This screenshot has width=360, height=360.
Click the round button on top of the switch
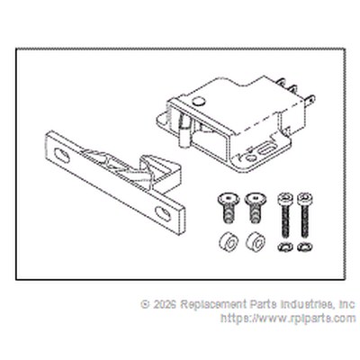pyautogui.click(x=198, y=101)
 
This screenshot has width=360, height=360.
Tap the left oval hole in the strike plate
pyautogui.click(x=61, y=156)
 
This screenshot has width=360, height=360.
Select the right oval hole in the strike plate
pyautogui.click(x=163, y=213)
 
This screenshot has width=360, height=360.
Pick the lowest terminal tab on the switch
pyautogui.click(x=309, y=99)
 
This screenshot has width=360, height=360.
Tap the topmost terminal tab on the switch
pyautogui.click(x=282, y=81)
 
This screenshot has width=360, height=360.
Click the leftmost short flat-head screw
pyautogui.click(x=229, y=208)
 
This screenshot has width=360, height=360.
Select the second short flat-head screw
pyautogui.click(x=256, y=208)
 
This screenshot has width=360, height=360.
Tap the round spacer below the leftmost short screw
pyautogui.click(x=229, y=242)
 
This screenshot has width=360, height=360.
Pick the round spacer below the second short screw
pyautogui.click(x=256, y=242)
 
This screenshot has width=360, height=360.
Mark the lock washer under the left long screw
pyautogui.click(x=285, y=247)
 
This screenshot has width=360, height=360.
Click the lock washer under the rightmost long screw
pyautogui.click(x=305, y=247)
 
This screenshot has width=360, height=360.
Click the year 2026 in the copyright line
pyautogui.click(x=165, y=304)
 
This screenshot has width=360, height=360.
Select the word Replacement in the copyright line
pyautogui.click(x=214, y=305)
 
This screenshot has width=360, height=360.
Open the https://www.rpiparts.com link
pyautogui.click(x=288, y=318)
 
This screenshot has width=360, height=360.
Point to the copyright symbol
pyautogui.click(x=145, y=304)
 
